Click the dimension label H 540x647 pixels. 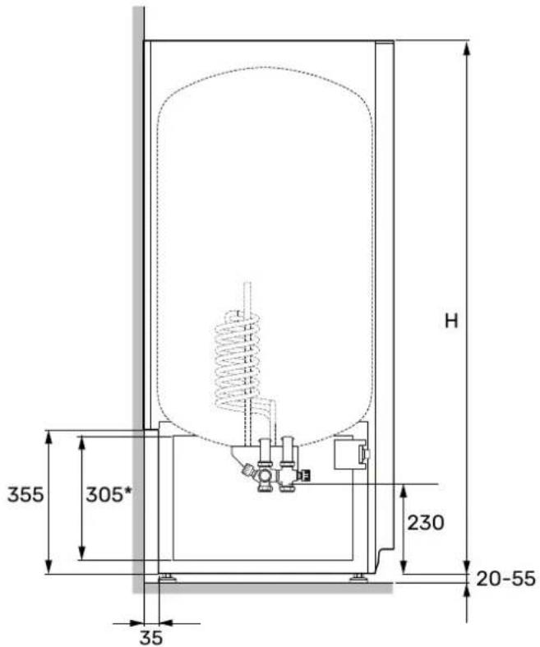pyautogui.click(x=452, y=321)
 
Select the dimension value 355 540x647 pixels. pyautogui.click(x=25, y=494)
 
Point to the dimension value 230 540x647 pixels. pyautogui.click(x=426, y=522)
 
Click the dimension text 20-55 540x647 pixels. pyautogui.click(x=505, y=579)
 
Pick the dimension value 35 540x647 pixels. pyautogui.click(x=151, y=638)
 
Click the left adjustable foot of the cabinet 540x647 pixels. pyautogui.click(x=168, y=577)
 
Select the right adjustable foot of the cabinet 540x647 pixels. pyautogui.click(x=358, y=577)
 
